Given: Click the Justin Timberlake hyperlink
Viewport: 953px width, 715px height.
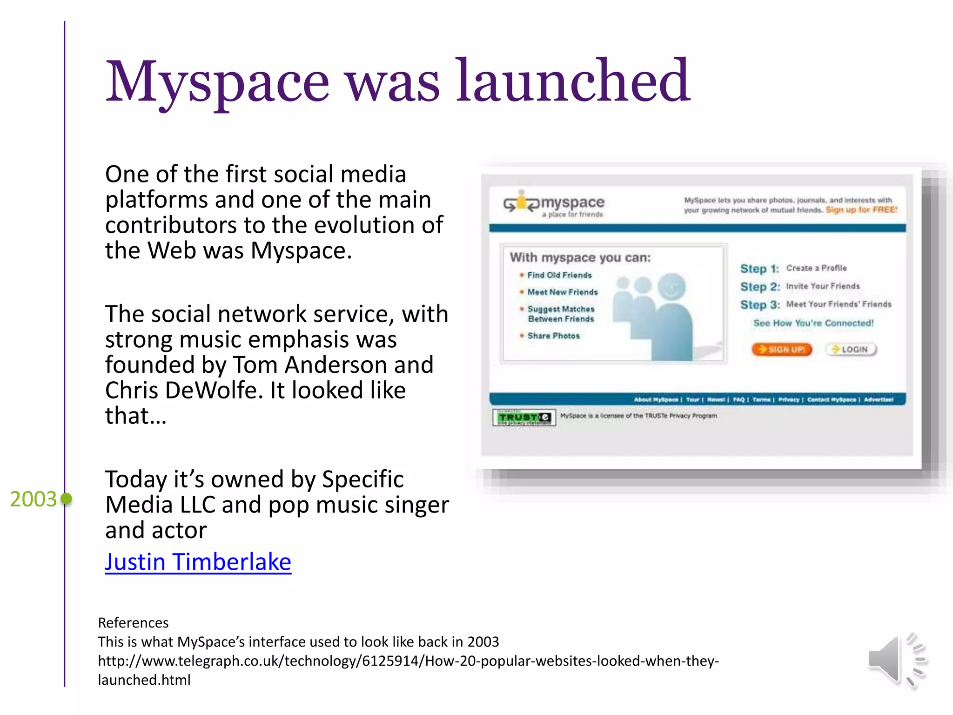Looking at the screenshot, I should (198, 562).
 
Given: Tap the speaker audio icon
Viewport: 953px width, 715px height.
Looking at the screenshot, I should (896, 660).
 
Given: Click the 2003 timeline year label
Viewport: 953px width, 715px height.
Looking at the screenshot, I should (33, 499).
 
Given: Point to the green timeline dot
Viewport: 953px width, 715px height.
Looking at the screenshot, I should (67, 499).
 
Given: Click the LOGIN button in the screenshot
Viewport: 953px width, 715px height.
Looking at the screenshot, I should (851, 350).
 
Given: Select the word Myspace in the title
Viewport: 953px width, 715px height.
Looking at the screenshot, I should (217, 82).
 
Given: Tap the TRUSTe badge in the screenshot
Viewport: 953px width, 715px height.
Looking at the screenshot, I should (524, 418).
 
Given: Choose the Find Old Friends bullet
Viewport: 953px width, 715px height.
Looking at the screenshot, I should (559, 275).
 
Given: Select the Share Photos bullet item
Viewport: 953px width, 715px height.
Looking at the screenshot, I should (553, 336).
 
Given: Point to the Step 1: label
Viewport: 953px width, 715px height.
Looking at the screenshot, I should (759, 269).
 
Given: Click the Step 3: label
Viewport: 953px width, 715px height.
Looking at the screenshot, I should (759, 305).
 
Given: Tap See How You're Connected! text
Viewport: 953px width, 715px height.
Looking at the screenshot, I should (813, 323).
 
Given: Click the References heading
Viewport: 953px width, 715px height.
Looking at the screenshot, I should (133, 623).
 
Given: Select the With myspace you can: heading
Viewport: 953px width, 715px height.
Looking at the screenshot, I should (580, 257).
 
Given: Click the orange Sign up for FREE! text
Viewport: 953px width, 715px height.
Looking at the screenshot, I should (861, 210).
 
